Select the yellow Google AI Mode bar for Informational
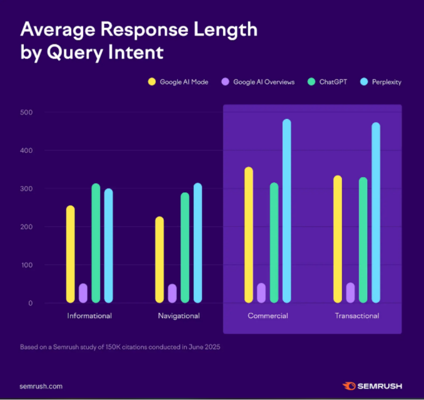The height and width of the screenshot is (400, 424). (70, 254)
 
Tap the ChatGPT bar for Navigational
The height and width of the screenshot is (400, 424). (185, 247)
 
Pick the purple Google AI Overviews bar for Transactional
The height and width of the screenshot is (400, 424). (350, 293)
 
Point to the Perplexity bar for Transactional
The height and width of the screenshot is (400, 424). (376, 213)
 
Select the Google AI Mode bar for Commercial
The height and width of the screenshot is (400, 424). (249, 235)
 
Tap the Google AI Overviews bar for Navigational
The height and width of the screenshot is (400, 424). (172, 294)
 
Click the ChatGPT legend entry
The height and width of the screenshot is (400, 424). (329, 82)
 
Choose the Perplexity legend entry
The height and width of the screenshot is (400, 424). (385, 82)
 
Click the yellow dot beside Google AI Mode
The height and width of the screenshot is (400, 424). (151, 82)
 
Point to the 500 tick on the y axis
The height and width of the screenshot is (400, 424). (26, 113)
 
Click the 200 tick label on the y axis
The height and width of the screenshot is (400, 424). (26, 227)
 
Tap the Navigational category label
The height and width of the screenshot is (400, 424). (179, 315)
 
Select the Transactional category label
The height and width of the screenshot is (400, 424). (357, 315)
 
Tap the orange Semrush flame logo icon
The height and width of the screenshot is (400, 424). (349, 386)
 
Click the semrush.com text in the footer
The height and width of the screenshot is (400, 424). (41, 386)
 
